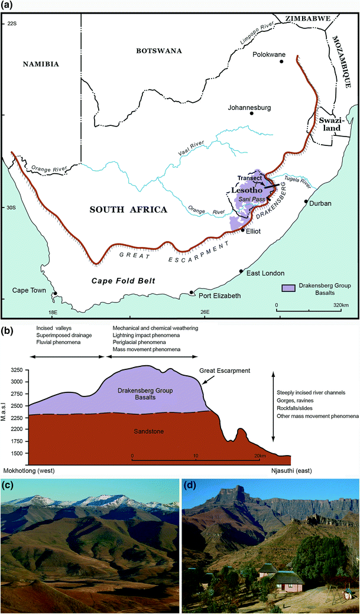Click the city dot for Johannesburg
251,113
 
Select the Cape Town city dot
55,293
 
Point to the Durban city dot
306,202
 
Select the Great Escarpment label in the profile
225,371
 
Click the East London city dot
241,271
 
